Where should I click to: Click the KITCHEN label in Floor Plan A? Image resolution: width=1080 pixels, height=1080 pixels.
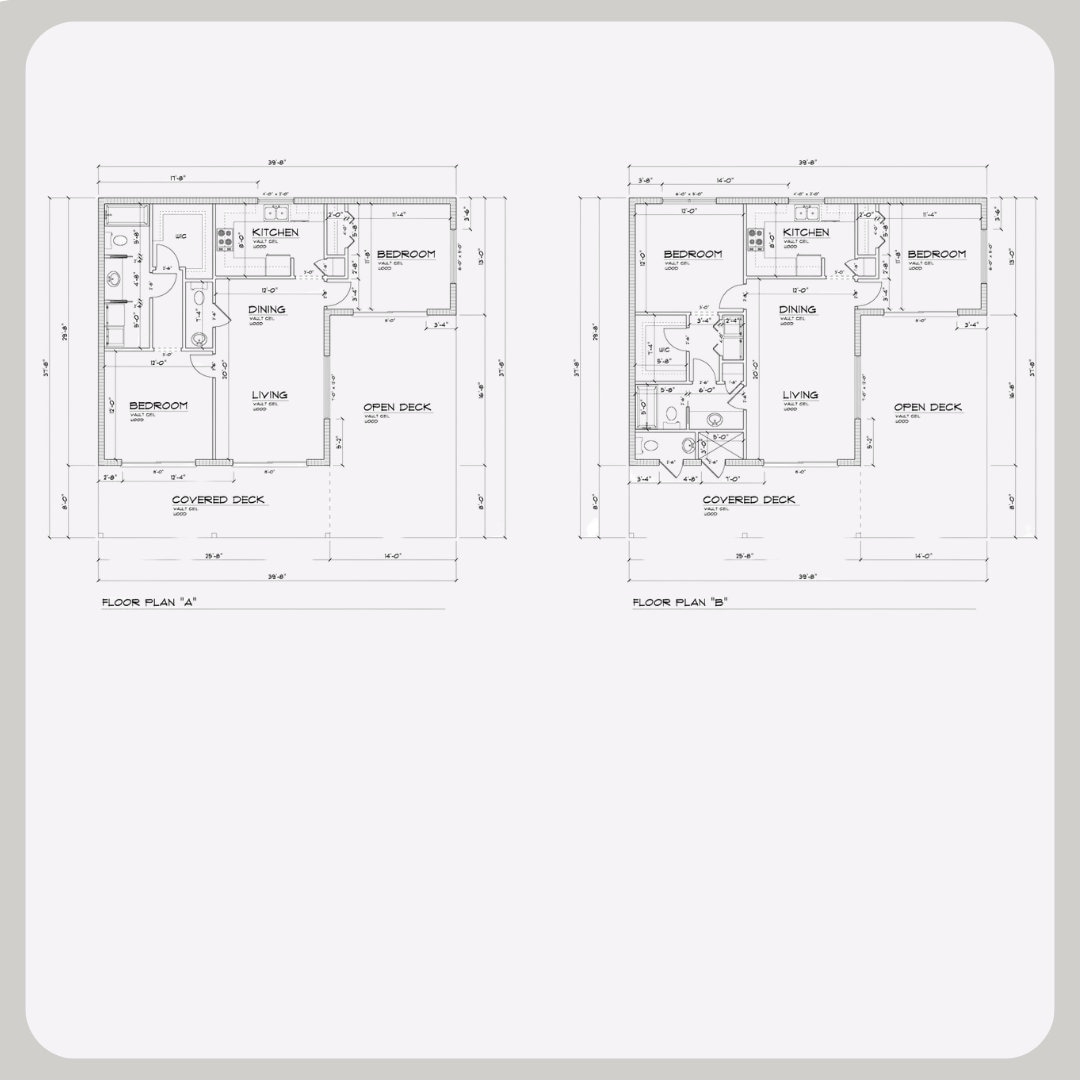point(274,232)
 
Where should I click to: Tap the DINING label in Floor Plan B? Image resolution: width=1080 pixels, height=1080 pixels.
point(797,310)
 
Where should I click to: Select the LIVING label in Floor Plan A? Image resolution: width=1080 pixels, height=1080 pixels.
point(268,395)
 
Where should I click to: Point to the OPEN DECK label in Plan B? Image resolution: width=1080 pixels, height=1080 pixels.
point(927,407)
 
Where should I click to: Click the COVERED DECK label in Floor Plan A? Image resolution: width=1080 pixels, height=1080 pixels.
point(218,500)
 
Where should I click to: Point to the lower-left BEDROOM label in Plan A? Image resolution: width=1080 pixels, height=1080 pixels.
point(158,405)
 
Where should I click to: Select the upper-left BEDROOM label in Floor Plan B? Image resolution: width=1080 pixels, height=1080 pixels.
point(692,254)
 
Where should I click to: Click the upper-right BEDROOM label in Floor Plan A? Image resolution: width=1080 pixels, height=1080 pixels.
point(405,254)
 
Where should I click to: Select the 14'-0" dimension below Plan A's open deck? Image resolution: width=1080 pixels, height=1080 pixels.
point(391,555)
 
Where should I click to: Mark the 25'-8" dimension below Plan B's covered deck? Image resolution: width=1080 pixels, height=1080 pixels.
point(743,555)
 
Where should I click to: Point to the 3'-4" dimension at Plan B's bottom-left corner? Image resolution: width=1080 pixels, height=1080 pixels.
point(646,479)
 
